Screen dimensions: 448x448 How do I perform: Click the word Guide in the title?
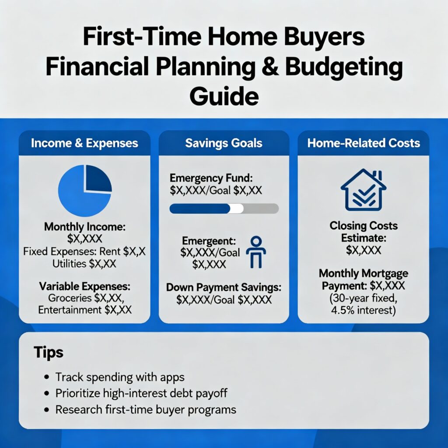(x=224, y=96)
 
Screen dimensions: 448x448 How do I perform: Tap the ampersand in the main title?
(x=270, y=66)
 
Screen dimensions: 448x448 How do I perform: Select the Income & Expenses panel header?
(x=84, y=143)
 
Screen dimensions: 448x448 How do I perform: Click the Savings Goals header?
(x=224, y=143)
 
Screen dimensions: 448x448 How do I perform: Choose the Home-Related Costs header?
(x=364, y=143)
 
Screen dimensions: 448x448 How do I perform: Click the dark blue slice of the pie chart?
(x=98, y=178)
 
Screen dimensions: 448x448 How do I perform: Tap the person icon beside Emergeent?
(x=256, y=252)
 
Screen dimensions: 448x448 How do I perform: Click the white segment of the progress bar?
(x=237, y=209)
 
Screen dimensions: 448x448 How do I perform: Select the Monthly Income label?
(x=84, y=227)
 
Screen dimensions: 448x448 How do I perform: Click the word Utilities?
(x=69, y=263)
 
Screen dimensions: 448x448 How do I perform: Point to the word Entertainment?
(x=70, y=310)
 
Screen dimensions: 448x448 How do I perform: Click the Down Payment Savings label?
(x=224, y=287)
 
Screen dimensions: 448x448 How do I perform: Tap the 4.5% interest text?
(x=364, y=310)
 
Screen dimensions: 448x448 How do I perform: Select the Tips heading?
(x=49, y=352)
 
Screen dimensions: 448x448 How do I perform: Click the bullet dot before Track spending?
(x=47, y=377)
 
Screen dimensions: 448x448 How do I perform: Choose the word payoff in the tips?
(x=211, y=394)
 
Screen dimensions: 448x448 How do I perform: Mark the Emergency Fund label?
(x=211, y=178)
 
